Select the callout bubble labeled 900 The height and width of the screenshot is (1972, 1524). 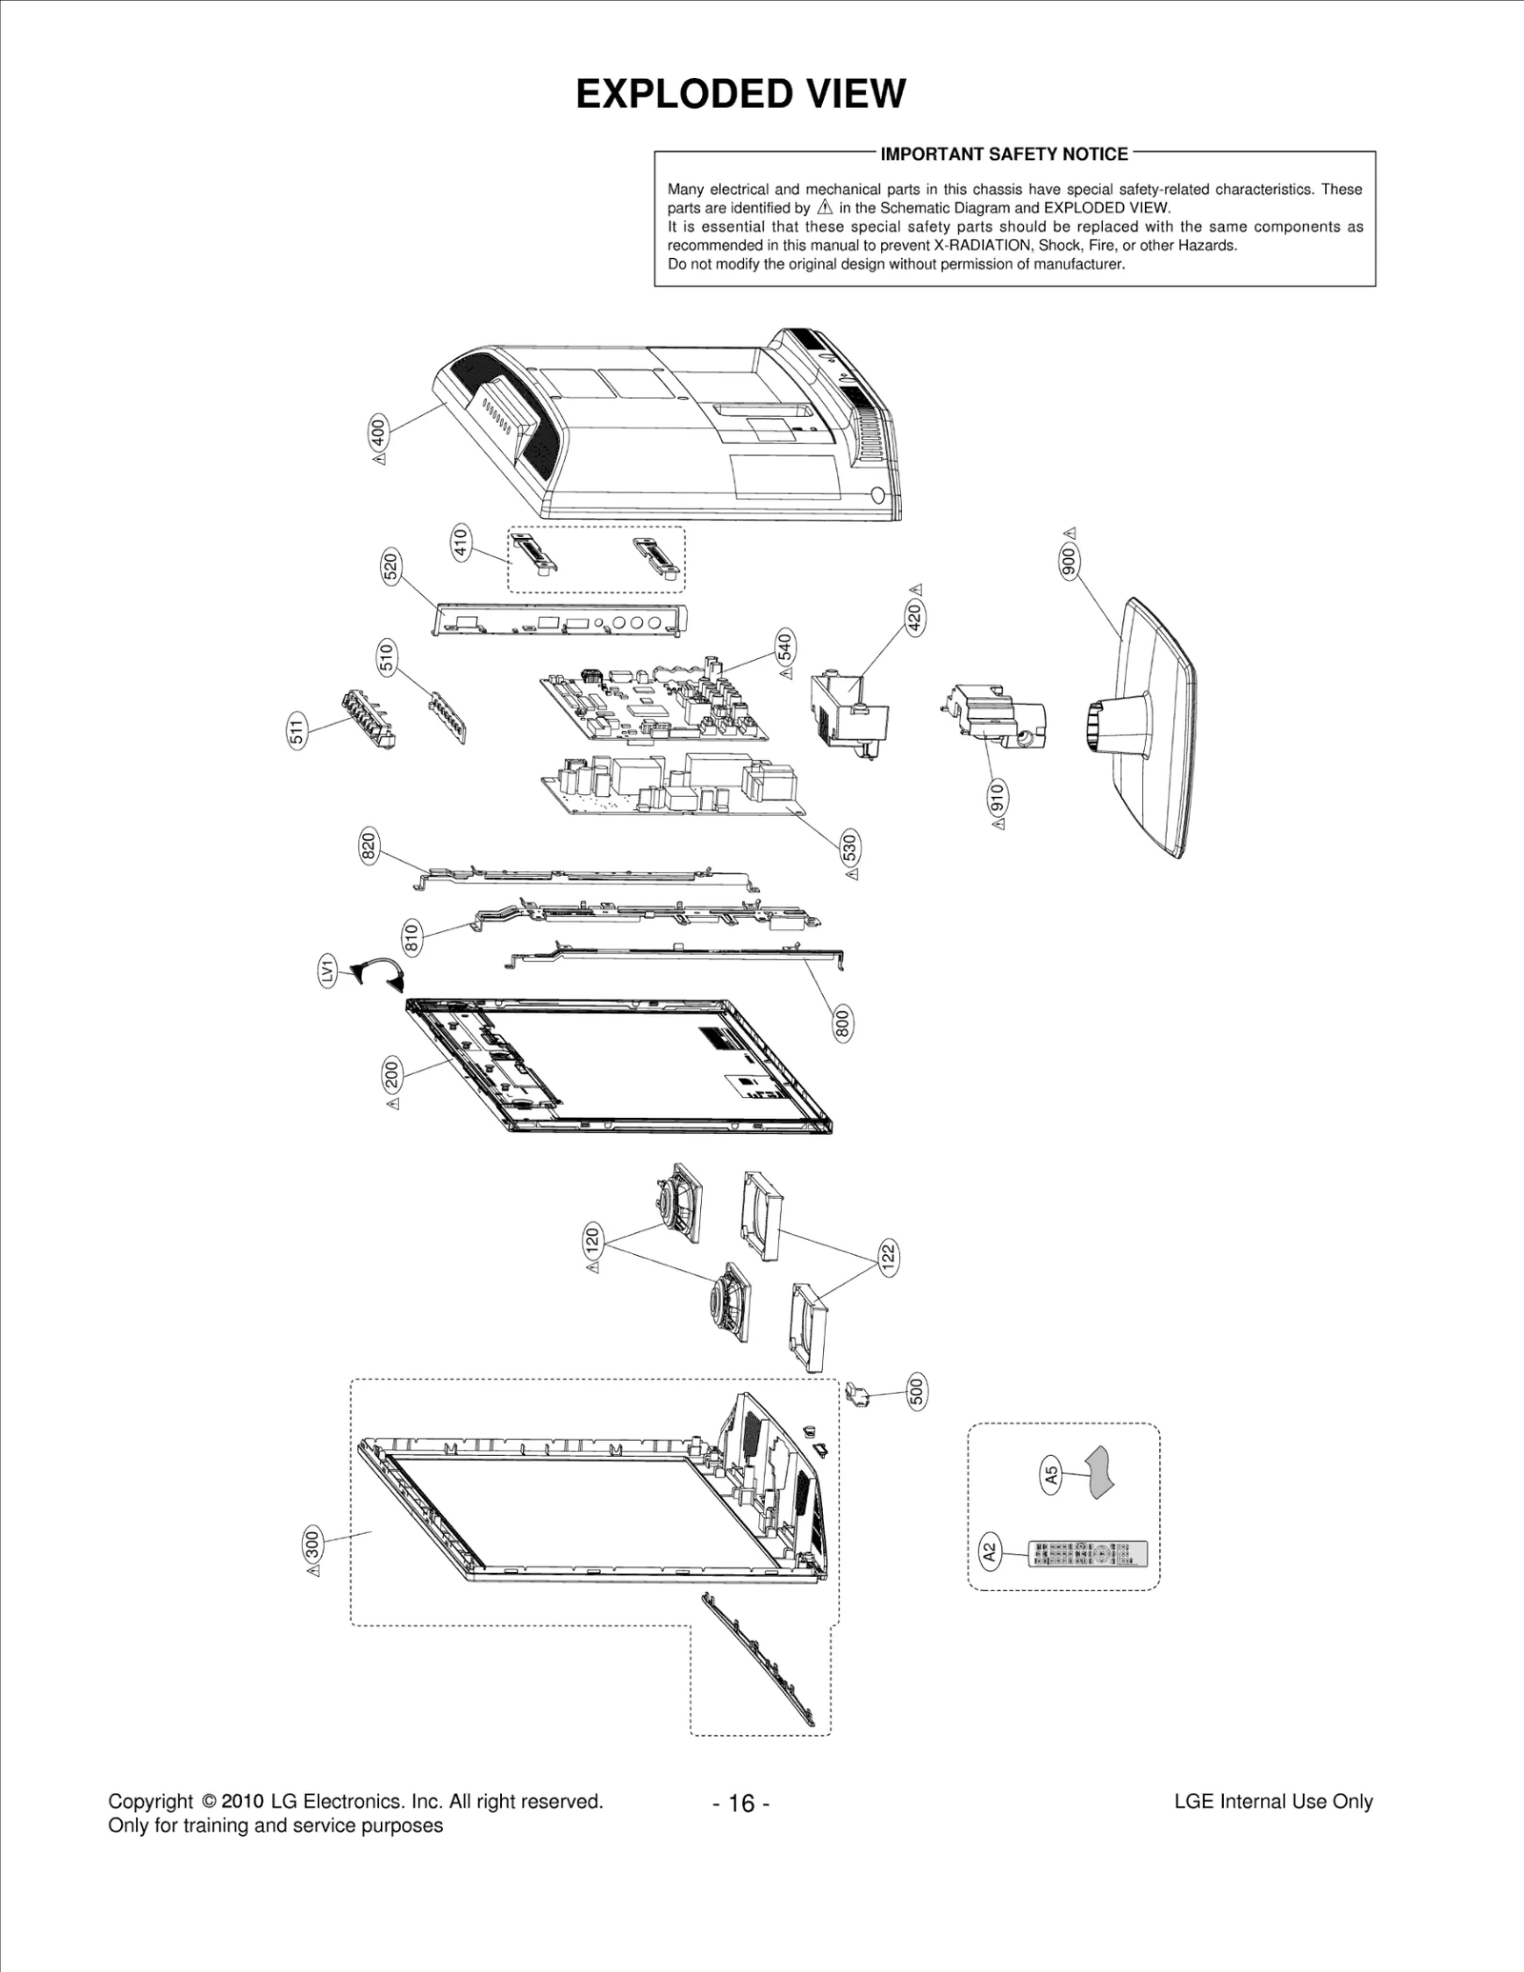1069,562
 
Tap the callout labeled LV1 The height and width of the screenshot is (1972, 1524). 327,972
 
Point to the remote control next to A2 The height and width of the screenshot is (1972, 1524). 1088,1555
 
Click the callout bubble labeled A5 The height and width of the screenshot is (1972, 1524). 1051,1476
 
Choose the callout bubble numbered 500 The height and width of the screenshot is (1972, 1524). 916,1392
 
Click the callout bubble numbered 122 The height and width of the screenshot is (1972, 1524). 888,1257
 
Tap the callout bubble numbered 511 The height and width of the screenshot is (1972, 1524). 298,732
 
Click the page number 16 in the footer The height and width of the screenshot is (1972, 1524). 741,1803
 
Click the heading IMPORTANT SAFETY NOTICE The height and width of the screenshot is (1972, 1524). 1004,154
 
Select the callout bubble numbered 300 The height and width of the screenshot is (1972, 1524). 311,1543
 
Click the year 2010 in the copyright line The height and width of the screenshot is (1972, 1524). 242,1802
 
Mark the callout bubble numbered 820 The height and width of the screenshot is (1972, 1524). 370,846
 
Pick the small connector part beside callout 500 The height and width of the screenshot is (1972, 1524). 857,1398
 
